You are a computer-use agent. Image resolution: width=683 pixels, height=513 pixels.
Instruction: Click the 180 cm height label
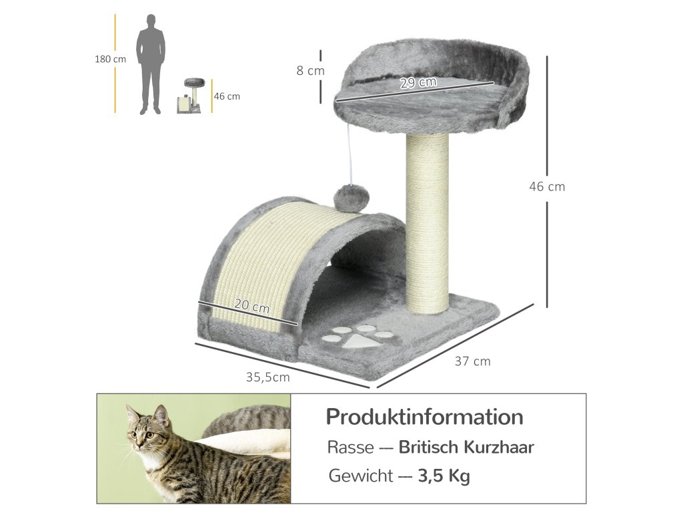pos(110,59)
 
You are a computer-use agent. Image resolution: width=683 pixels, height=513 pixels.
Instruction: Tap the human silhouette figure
pos(151,63)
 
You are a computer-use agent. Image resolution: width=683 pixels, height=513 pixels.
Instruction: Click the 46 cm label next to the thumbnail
pos(227,96)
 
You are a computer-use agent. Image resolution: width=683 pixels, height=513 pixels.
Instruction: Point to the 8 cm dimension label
pos(310,70)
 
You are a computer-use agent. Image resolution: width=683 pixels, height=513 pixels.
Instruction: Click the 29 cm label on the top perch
pos(418,83)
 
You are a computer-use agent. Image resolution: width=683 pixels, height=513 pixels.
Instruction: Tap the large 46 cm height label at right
pos(547,186)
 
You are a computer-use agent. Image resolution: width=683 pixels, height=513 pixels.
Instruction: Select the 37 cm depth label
pos(472,361)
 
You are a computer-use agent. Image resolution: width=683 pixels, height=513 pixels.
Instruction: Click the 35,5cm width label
pos(267,377)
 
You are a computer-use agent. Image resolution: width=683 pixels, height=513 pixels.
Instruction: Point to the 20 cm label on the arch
pos(252,307)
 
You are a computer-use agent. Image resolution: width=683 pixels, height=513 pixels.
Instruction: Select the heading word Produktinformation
pos(424,417)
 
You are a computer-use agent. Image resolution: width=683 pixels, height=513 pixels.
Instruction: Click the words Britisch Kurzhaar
pos(466,447)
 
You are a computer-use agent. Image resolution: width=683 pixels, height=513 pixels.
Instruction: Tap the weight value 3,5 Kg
pos(444,476)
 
